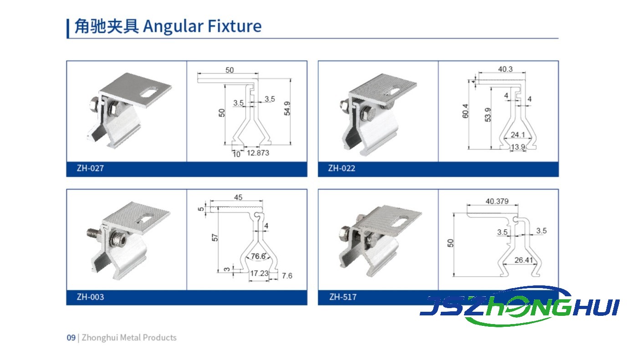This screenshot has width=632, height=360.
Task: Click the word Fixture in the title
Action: coord(235,26)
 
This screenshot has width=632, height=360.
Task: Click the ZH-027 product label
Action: coord(90,168)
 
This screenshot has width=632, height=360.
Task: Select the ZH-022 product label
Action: coord(341,168)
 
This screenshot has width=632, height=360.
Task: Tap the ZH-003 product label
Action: coord(90,297)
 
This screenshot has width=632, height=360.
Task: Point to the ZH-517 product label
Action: coord(343,297)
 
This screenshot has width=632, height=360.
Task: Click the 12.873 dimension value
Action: coord(258,153)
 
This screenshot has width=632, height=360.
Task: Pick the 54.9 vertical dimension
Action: coord(287,108)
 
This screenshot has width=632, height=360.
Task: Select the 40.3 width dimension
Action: coord(505,69)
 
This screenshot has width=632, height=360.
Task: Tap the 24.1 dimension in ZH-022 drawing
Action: coord(518,135)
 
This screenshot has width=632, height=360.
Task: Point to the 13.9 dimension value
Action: coord(518,147)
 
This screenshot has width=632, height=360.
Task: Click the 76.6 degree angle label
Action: coord(259,256)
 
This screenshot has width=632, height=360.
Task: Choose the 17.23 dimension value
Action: coord(259,273)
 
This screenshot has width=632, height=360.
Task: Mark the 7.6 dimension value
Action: coord(287,276)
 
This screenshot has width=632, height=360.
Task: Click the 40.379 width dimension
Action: coord(497,201)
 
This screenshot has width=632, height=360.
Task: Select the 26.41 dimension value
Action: coord(524,260)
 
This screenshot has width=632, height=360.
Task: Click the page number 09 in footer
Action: coord(71,338)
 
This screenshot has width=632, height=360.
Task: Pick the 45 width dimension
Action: coord(238,198)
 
